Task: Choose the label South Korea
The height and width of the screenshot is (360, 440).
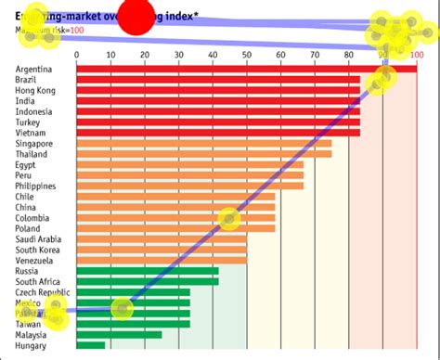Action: pyautogui.click(x=38, y=250)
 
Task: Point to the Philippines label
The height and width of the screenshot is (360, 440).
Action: pyautogui.click(x=36, y=186)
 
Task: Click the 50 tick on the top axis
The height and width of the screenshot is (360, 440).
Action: pyautogui.click(x=247, y=55)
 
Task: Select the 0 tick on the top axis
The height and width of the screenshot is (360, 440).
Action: pyautogui.click(x=76, y=55)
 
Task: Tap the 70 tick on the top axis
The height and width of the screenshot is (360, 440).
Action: pyautogui.click(x=316, y=55)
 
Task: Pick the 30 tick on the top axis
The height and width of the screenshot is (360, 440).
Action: pyautogui.click(x=178, y=55)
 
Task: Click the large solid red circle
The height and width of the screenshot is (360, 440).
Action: pyautogui.click(x=139, y=17)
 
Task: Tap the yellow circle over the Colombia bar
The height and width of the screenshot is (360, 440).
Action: pyautogui.click(x=228, y=218)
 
